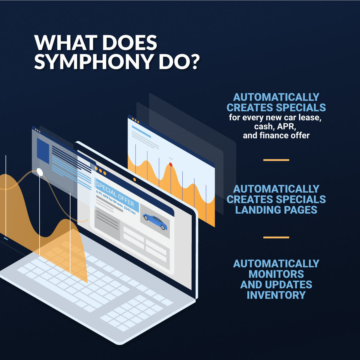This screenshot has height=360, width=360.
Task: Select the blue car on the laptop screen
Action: click(x=155, y=221)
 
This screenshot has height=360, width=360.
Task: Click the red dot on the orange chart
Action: click(x=171, y=164)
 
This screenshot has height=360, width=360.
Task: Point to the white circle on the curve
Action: click(x=40, y=172)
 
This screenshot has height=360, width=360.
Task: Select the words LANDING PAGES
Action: click(x=276, y=210)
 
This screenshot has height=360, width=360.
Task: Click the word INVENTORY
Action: click(x=276, y=295)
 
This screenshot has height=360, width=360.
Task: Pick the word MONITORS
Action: click(x=276, y=274)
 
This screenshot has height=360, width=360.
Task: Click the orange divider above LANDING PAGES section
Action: click(x=276, y=160)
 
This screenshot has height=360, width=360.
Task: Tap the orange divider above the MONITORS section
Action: click(x=276, y=237)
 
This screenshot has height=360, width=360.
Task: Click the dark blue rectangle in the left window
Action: click(x=43, y=151)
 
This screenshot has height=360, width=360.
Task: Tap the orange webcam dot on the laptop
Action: click(x=134, y=179)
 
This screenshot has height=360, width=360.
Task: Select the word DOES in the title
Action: click(x=129, y=43)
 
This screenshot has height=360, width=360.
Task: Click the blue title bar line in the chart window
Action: click(x=141, y=131)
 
